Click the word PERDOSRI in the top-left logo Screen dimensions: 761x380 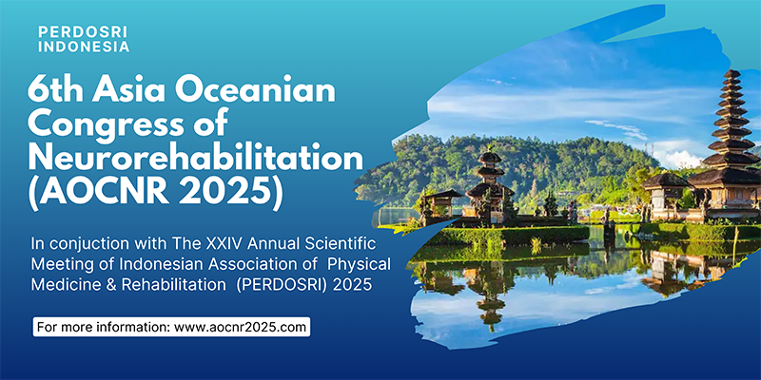[x=83, y=32]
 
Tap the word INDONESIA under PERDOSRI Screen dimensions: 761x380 [x=84, y=47]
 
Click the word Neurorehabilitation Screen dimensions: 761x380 [x=195, y=159]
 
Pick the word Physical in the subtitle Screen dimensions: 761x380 [x=359, y=265]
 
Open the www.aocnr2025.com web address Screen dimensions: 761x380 [x=240, y=327]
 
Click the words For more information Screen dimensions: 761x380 [x=104, y=327]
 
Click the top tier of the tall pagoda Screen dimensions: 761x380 [x=732, y=74]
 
